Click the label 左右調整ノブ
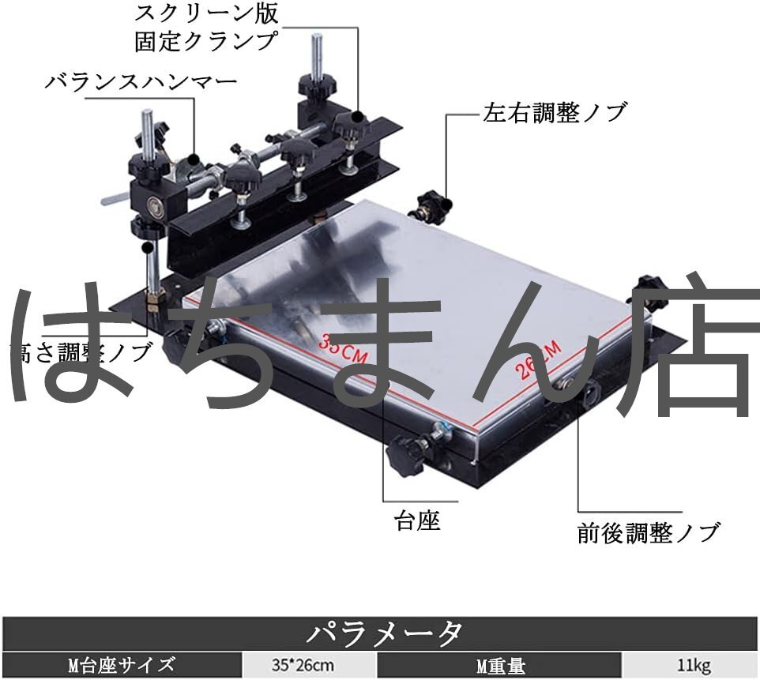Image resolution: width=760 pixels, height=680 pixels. (555, 112)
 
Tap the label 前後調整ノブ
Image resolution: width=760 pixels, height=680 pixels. (649, 533)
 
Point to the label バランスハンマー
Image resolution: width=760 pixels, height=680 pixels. (141, 81)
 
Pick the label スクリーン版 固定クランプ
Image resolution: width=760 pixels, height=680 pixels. (207, 27)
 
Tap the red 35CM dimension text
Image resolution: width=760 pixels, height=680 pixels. (344, 348)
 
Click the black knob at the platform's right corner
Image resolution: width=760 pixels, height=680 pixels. (645, 288)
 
